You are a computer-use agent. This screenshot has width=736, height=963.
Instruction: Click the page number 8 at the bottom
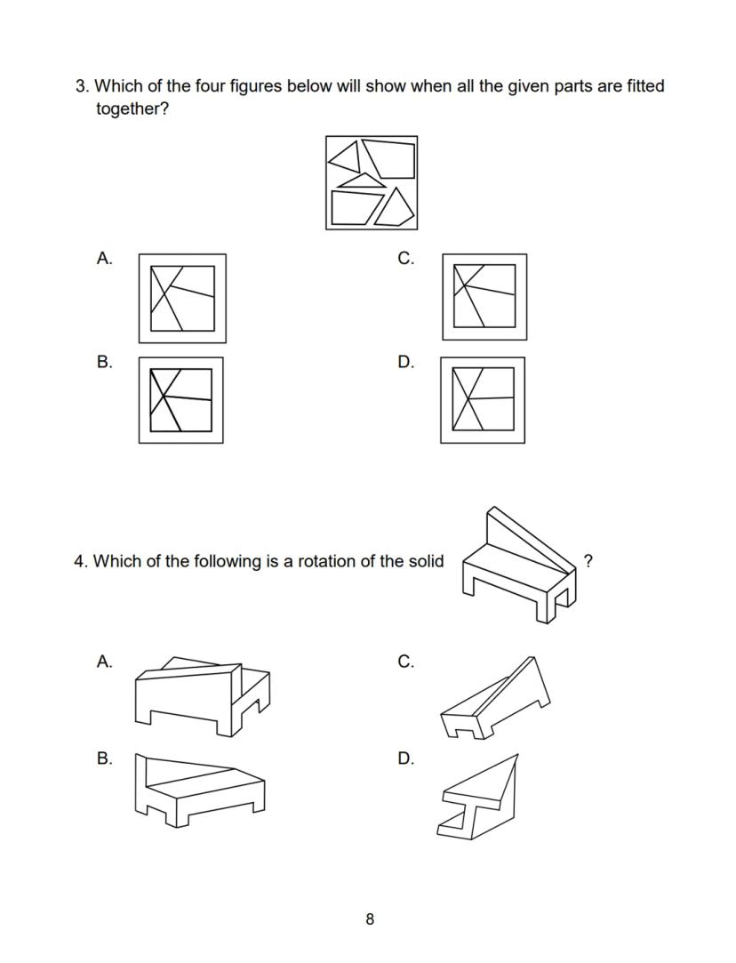[x=370, y=919]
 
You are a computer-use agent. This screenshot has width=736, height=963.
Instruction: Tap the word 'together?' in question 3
[x=132, y=109]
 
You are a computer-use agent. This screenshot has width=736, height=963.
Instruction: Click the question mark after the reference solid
[x=588, y=560]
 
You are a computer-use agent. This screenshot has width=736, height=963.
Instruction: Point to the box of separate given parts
[x=371, y=182]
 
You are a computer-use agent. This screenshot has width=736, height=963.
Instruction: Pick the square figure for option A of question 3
[x=182, y=298]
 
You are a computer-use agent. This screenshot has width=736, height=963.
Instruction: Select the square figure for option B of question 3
[x=180, y=400]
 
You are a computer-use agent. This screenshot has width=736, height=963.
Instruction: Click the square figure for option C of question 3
[x=484, y=297]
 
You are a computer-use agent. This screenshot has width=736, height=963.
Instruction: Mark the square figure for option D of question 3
[x=483, y=400]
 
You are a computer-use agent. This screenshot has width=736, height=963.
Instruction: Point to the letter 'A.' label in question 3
[x=105, y=259]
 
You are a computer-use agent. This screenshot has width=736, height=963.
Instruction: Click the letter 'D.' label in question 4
[x=406, y=758]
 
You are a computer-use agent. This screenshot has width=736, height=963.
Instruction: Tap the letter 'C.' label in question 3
[x=406, y=259]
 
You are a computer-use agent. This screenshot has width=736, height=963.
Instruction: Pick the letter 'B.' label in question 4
[x=105, y=758]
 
